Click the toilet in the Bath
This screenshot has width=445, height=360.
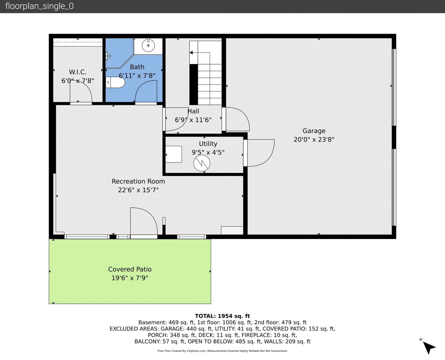click(x=115, y=82)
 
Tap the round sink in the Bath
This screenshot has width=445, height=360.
click(x=148, y=45)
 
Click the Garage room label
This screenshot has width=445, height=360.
click(x=314, y=131)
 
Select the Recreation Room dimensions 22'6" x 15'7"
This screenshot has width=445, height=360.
click(x=138, y=190)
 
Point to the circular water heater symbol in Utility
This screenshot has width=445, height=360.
click(x=202, y=163)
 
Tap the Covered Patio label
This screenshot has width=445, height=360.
click(x=130, y=269)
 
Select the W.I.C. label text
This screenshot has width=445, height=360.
click(x=78, y=72)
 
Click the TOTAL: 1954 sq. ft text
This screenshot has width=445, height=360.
click(x=222, y=316)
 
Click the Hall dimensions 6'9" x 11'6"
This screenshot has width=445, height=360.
click(x=193, y=120)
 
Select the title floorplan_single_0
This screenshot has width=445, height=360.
click(x=39, y=6)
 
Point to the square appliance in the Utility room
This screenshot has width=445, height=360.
click(x=174, y=154)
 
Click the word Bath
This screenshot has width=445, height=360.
click(x=137, y=67)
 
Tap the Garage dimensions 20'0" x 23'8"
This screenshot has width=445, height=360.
click(x=314, y=139)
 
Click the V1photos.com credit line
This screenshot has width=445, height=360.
click(x=222, y=351)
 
